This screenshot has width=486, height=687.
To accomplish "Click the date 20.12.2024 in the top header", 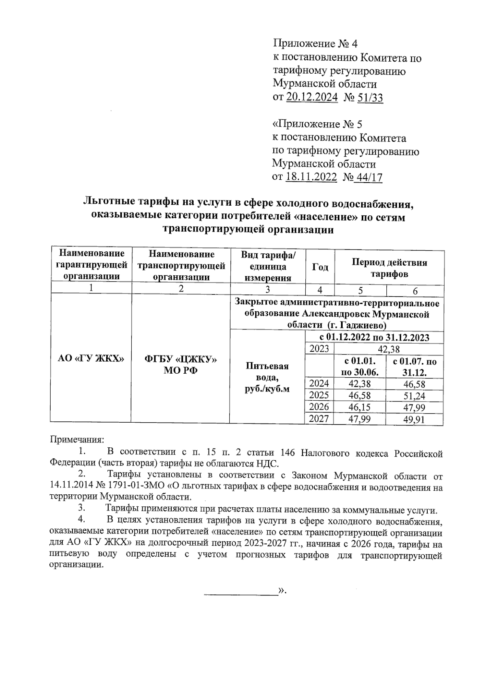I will pos(312,98).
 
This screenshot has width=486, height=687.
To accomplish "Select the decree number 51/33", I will pos(370,98).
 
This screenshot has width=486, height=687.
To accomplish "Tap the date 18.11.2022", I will pos(311,177).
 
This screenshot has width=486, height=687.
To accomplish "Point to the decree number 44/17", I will pos(369,177).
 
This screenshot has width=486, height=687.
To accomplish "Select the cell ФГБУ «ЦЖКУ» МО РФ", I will pos(181,364).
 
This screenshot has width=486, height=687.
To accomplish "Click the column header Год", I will pos(320,268).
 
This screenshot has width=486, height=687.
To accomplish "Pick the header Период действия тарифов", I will pos(389,268).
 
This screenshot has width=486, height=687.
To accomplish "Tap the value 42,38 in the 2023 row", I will pos(388,349).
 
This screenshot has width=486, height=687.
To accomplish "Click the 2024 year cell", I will pos(319,383).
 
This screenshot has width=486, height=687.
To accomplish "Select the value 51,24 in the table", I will pos(414,396).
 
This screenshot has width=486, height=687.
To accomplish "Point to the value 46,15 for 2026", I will pos(360,407).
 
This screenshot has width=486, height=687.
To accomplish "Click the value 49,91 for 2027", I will pos(414,419).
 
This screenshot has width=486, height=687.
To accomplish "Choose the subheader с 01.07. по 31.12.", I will pos(414,367).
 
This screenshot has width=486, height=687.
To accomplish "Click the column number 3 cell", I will pos(267,289).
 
